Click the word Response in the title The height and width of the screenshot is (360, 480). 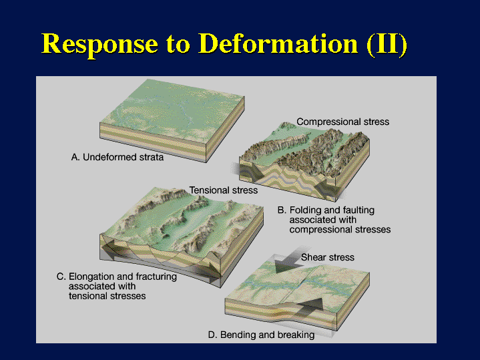coord(99,45)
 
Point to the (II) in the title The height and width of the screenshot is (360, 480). coord(387,45)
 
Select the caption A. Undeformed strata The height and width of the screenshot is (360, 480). coord(117,157)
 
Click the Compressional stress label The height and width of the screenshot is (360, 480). coord(343,122)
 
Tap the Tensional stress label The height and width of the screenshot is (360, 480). coord(224,190)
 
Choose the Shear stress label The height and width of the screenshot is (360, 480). coord(328,257)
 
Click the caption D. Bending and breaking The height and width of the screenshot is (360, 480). coord(261,335)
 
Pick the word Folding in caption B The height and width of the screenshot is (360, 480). coord(306,210)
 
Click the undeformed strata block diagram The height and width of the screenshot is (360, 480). coord(172,120)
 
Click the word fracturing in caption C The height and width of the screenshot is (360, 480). coord(156,277)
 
